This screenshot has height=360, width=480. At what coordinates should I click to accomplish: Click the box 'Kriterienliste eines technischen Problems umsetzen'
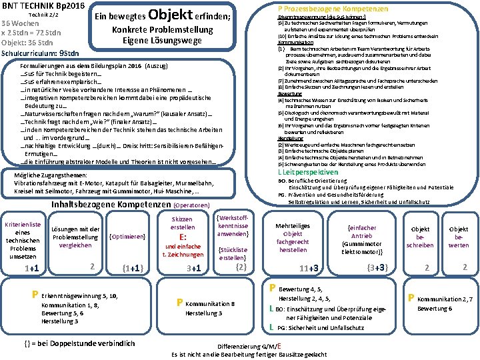pyautogui.click(x=23, y=236)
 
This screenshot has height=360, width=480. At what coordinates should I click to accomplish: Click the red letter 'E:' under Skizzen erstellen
pyautogui.click(x=182, y=237)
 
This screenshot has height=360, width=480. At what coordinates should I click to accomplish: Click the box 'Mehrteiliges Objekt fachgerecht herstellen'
pyautogui.click(x=293, y=237)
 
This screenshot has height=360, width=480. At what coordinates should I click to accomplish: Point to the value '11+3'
pyautogui.click(x=309, y=268)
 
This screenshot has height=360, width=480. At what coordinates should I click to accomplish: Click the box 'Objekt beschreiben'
pyautogui.click(x=421, y=237)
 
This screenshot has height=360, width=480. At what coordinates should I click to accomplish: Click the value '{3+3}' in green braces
pyautogui.click(x=378, y=267)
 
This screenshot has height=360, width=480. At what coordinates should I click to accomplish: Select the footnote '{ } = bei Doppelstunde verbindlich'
pyautogui.click(x=79, y=343)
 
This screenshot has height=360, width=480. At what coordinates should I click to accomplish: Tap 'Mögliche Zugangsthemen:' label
pyautogui.click(x=44, y=175)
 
